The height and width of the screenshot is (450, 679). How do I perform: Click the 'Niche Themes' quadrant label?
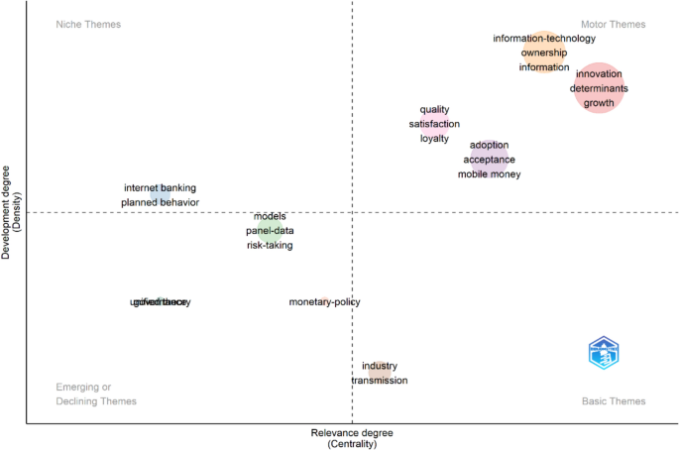88,24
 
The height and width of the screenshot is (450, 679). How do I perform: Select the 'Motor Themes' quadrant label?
613,24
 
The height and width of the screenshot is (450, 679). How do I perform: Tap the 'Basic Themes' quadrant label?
613,401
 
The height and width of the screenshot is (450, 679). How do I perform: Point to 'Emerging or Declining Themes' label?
96,394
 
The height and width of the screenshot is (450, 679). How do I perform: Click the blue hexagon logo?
603,353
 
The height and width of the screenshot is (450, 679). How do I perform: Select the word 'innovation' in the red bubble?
599,74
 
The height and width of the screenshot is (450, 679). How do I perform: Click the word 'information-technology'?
544,39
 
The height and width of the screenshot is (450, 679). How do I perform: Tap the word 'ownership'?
544,53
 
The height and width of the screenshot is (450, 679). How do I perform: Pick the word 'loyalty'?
434,139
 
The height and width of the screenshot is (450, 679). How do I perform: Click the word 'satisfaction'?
434,124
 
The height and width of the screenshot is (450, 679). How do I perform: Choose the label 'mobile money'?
489,174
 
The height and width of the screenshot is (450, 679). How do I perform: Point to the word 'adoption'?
489,145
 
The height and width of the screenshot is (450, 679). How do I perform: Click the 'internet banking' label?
160,187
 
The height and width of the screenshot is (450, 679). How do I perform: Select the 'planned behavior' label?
160,202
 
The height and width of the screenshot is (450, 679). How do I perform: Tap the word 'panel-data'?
270,231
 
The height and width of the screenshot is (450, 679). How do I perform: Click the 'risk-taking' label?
270,245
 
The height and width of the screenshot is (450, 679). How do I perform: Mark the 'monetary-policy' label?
324,301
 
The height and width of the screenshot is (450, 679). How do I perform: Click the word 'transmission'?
379,381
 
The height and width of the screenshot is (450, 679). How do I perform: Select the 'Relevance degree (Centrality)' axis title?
351,439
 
